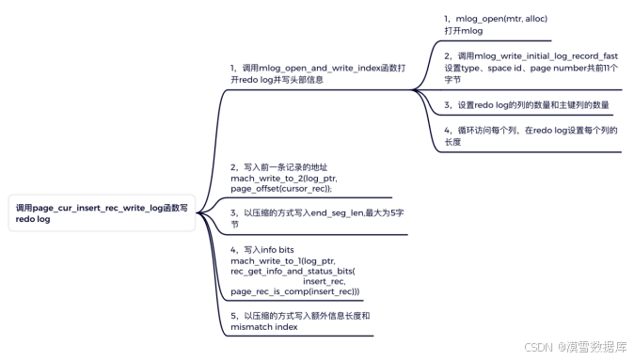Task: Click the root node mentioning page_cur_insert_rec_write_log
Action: tap(102, 211)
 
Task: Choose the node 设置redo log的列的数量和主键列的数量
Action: tap(527, 104)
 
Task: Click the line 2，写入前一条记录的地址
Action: tap(279, 166)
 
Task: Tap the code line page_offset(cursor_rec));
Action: tap(281, 188)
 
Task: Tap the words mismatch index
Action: tap(263, 328)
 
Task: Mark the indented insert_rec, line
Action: tap(326, 281)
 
